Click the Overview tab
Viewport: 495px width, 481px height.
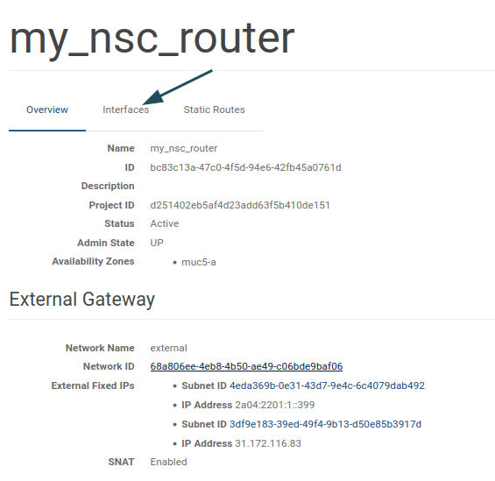click(47, 110)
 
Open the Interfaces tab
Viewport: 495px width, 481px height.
click(125, 110)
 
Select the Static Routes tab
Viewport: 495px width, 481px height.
click(214, 110)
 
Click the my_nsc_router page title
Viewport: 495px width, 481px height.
click(152, 39)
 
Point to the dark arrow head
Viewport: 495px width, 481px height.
click(153, 97)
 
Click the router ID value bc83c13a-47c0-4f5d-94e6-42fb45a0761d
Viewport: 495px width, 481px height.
click(245, 167)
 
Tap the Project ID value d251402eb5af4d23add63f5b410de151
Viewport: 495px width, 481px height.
click(240, 205)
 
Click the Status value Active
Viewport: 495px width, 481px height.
click(165, 223)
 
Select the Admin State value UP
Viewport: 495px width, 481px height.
click(157, 243)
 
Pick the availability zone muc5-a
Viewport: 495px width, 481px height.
click(199, 262)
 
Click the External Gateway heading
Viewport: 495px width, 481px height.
click(82, 300)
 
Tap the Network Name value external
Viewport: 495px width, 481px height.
click(168, 348)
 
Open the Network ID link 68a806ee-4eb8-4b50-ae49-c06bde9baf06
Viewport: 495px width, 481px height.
click(246, 366)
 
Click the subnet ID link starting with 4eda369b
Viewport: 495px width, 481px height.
click(327, 386)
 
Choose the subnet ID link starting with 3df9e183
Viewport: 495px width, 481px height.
click(326, 424)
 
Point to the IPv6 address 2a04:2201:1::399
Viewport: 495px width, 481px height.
click(274, 405)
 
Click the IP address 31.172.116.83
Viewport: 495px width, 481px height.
click(268, 443)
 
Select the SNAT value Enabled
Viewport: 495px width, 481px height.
click(168, 462)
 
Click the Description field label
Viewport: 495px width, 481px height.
click(108, 186)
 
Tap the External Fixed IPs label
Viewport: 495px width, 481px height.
click(93, 386)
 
